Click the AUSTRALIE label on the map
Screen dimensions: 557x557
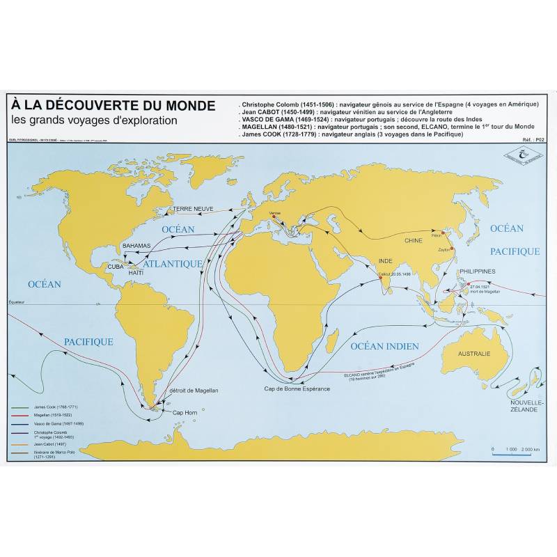[473, 354]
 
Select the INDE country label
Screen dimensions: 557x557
[386, 261]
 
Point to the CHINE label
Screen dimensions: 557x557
[414, 240]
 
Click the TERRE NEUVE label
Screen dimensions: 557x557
[192, 208]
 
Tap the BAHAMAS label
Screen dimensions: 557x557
[136, 246]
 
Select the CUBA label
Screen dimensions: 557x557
[116, 266]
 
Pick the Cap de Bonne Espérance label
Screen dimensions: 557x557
[297, 388]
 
